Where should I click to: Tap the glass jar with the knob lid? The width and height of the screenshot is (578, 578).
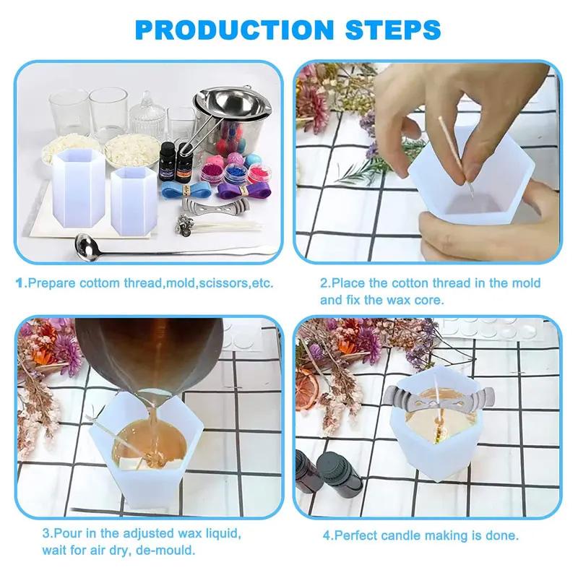[x=146, y=116]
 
